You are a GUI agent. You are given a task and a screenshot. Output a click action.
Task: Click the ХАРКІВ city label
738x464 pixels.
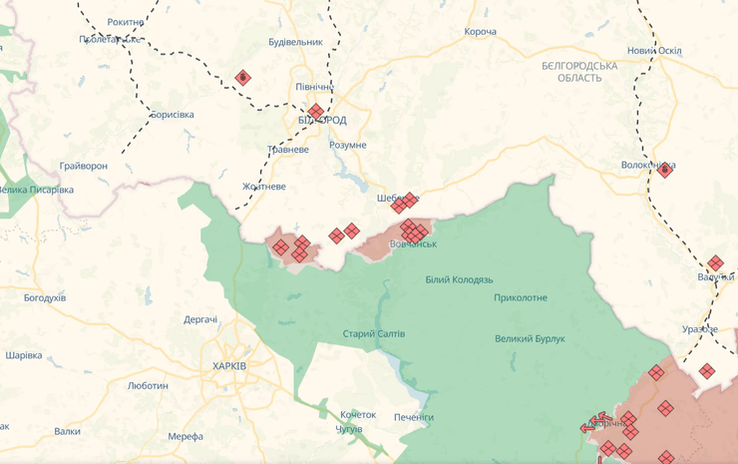point(229,366)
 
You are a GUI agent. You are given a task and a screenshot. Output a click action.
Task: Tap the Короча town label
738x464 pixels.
point(480,32)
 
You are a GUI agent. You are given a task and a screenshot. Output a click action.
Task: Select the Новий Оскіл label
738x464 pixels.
point(654,51)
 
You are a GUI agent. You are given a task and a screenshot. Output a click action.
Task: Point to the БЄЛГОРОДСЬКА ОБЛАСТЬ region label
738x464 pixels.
point(579,71)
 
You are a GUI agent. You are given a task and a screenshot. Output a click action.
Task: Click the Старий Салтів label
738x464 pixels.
point(374,333)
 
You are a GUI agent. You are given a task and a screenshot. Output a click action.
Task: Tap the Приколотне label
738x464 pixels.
point(521,297)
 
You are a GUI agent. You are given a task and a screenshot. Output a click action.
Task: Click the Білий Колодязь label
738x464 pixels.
point(459,280)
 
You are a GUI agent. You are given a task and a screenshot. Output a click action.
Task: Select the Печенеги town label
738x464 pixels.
point(413,416)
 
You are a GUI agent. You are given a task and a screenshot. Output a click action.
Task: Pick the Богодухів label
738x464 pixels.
point(45,297)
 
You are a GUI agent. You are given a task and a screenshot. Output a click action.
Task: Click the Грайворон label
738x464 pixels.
point(83,165)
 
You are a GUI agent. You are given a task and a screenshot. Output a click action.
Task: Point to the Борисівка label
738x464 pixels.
point(172,115)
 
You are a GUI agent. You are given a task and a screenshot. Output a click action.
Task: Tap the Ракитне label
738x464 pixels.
point(126,21)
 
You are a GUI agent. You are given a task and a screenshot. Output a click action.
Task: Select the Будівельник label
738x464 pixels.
point(296,42)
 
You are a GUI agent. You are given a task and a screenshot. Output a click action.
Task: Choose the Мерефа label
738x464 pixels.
point(185,436)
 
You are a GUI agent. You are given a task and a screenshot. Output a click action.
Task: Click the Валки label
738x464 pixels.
point(68,431)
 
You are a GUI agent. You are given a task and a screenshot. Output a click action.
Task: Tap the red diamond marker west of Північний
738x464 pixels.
point(242,78)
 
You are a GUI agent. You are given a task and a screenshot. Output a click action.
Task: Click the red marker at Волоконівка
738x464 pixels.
point(665,171)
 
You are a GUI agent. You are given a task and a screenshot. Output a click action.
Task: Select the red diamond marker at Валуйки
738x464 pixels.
point(715,264)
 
